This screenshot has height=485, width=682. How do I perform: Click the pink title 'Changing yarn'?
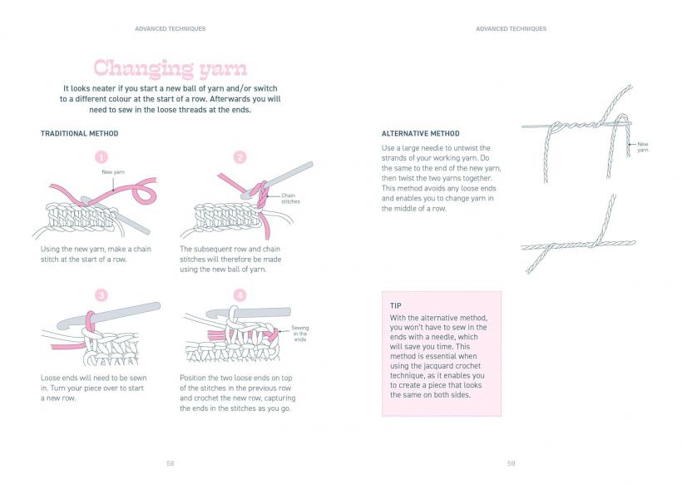pos(170,67)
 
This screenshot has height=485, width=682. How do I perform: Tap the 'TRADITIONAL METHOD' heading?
pos(80,134)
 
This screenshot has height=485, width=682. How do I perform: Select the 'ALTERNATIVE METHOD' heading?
pos(420,134)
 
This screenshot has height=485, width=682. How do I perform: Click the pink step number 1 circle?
pos(101,157)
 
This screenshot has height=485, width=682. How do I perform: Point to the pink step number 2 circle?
pos(240,157)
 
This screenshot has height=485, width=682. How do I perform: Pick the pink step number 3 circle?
pos(101,295)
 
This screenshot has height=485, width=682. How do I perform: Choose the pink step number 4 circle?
pos(240,295)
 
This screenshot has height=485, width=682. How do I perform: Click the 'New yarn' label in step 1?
pos(113,172)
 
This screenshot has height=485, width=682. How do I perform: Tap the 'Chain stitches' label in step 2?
pos(290,199)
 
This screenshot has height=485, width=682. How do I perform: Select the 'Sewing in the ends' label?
pos(300,334)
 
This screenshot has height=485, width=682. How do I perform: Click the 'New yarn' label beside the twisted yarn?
pos(643,147)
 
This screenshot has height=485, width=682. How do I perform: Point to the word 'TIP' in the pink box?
pos(396,306)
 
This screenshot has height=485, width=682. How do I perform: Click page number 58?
pos(170,463)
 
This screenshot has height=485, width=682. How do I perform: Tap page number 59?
pos(511,463)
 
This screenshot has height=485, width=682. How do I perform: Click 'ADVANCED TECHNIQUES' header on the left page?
pos(170,28)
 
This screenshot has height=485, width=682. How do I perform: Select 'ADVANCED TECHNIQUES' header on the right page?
pos(511,28)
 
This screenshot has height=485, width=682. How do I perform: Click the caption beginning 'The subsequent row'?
pos(230,259)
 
